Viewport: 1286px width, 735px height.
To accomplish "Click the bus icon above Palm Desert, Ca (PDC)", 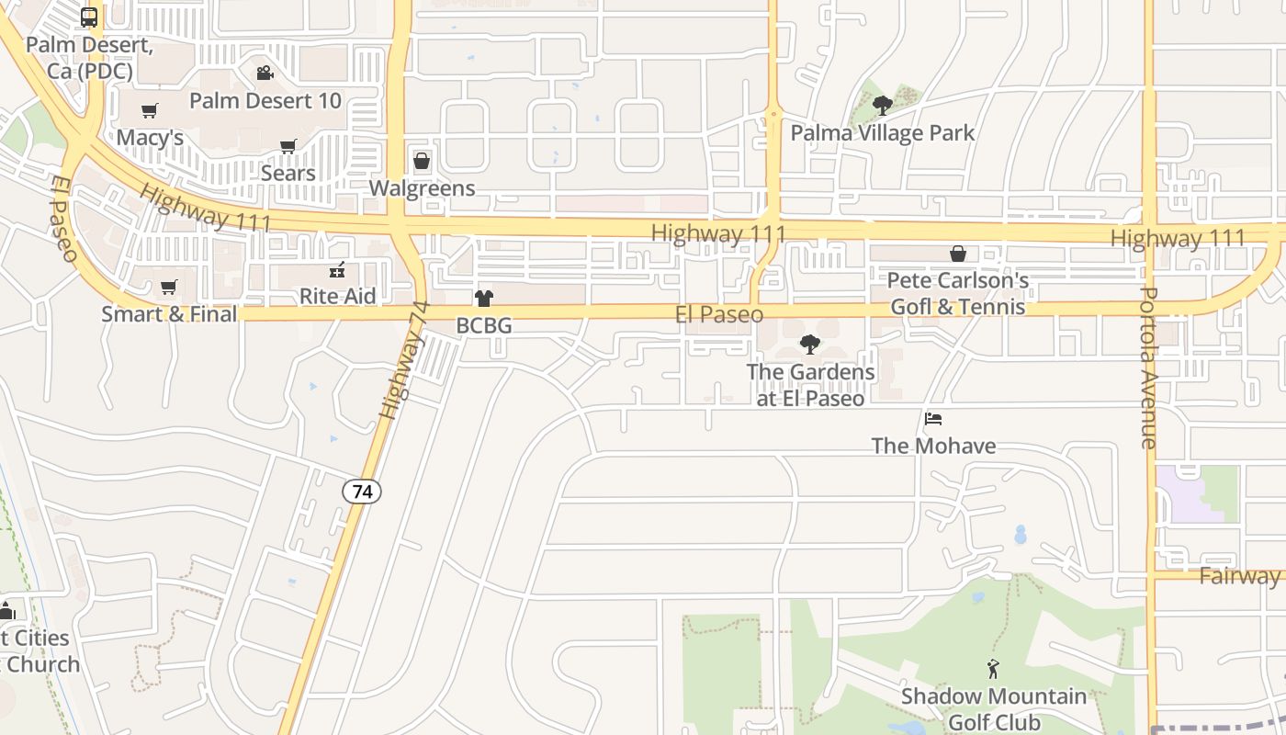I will (89, 17).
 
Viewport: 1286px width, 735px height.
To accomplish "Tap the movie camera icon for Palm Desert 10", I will (265, 73).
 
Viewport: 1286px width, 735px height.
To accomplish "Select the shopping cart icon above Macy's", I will (150, 111).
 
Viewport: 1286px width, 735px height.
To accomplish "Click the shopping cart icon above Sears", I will (288, 146).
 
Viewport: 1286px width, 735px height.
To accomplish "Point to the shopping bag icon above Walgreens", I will (422, 162).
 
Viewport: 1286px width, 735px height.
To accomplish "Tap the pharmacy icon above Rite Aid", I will (338, 270).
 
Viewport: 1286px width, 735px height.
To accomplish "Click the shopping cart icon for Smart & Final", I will (169, 288).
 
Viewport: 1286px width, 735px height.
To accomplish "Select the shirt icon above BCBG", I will (484, 299).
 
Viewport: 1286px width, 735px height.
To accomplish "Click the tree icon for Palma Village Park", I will (883, 106).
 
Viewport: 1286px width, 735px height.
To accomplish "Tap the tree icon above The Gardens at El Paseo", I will (810, 345).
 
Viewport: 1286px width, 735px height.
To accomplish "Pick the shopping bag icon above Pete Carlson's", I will (958, 254).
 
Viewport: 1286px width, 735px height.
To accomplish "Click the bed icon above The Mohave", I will (933, 420).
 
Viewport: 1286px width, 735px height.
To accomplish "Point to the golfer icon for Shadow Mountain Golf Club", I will (993, 669).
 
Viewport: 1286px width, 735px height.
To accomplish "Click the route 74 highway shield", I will (363, 492).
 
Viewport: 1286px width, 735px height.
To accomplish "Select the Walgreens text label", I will (422, 188).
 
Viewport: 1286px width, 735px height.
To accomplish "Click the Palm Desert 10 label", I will (265, 100).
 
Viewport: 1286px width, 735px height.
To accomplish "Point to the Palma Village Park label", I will (883, 133).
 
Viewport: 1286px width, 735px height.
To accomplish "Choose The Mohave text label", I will (933, 447).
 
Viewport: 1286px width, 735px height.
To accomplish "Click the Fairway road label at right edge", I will (1239, 576).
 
